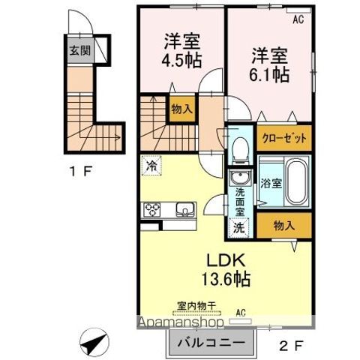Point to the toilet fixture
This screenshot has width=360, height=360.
click(x=241, y=148)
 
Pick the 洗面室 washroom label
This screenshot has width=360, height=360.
click(x=240, y=201)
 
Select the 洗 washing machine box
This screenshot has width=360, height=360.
click(x=238, y=228)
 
